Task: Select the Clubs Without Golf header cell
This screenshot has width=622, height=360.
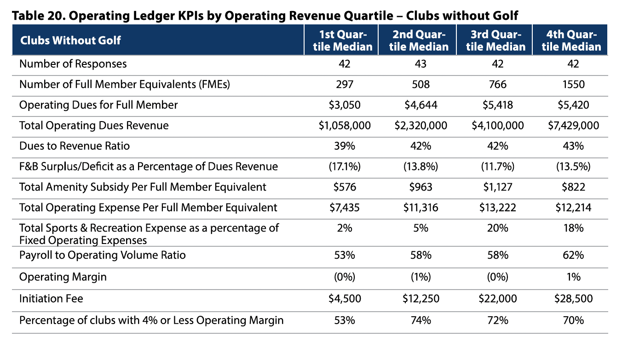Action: (70, 40)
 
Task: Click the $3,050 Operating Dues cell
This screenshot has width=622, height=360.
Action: (344, 105)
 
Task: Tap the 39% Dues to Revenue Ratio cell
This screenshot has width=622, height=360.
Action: (344, 146)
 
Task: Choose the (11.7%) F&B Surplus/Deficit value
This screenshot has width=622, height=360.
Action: (497, 167)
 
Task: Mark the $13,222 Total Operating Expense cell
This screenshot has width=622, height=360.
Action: (497, 208)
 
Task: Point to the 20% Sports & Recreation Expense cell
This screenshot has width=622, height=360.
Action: (497, 228)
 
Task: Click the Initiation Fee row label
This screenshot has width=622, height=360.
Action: (51, 299)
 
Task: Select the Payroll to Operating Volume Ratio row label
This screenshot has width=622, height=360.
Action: (102, 255)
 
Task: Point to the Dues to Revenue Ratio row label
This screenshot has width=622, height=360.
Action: (75, 146)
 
